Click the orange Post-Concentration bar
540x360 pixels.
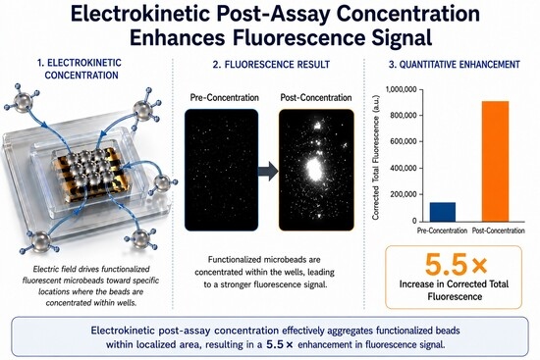495,162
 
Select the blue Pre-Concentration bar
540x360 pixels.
443,212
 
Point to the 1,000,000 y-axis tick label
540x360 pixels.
402,89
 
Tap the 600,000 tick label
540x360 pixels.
404,141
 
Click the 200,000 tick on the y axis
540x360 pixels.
404,194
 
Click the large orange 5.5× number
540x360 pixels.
456,265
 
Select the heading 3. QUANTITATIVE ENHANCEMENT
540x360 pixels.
454,65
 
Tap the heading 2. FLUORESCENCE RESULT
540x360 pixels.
271,65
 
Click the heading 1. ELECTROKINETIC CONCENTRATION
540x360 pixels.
81,69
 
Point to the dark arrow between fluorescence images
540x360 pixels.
268,171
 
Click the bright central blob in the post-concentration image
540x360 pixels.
314,169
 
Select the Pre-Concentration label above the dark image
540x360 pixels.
224,97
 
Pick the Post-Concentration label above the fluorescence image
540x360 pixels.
316,97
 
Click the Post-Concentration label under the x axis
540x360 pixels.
499,231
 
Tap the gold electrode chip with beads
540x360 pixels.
91,174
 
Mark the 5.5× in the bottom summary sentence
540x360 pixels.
279,344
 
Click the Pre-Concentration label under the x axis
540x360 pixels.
442,231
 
